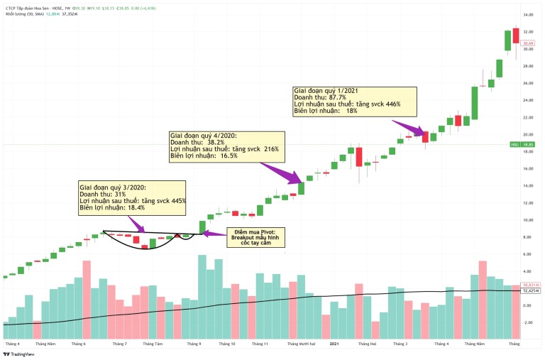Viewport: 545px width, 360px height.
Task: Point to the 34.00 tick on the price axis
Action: [x=528, y=15]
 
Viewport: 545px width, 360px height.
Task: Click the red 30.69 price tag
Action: [x=527, y=43]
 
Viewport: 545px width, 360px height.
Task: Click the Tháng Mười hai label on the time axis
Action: [x=302, y=344]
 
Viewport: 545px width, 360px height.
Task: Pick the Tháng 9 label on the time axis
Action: [x=194, y=344]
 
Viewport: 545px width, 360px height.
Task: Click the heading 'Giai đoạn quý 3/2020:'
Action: [x=113, y=187]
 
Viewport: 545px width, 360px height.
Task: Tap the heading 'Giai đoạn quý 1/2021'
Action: [x=329, y=90]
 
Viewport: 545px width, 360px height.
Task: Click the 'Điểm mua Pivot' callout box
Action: [x=253, y=237]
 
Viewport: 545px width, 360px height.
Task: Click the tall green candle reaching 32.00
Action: [x=508, y=40]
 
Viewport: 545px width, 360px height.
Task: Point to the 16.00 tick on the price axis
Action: [x=528, y=168]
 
